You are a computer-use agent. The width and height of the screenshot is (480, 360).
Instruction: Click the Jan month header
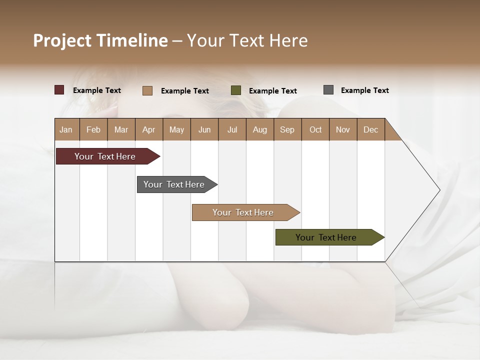[x=66, y=129]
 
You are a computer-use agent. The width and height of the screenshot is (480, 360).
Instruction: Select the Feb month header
[x=93, y=129]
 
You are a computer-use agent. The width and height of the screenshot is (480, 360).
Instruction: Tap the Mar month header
[x=121, y=129]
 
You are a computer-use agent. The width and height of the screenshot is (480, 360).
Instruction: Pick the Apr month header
[x=149, y=129]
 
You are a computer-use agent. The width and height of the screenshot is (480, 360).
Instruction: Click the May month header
[x=176, y=129]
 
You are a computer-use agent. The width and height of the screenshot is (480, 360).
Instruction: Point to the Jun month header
[x=204, y=129]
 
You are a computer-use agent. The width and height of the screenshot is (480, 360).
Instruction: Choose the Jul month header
[x=232, y=129]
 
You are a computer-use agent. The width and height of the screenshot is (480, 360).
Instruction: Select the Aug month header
[x=260, y=129]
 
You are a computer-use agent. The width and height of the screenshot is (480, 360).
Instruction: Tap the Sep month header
[x=287, y=129]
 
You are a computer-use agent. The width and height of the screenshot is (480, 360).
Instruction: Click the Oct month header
[x=315, y=129]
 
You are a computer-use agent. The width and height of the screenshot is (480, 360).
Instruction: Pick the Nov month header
[x=343, y=129]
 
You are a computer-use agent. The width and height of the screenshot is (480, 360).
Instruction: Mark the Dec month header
[x=370, y=129]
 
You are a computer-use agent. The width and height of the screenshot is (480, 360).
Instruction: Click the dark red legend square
[x=59, y=90]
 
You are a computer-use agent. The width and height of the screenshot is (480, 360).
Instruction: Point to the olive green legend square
[x=236, y=90]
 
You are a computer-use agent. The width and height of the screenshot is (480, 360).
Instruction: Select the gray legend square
[x=328, y=90]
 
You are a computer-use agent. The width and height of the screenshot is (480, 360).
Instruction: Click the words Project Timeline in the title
[x=100, y=40]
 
